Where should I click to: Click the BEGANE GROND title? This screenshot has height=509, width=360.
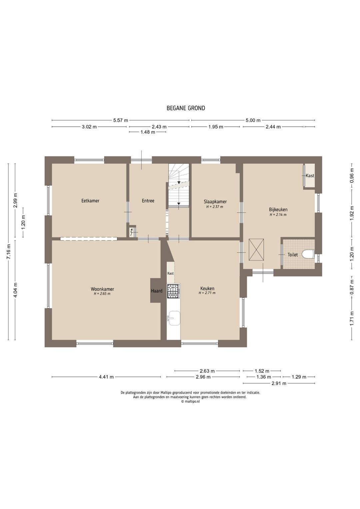point(186,108)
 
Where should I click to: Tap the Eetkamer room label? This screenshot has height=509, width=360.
point(90,201)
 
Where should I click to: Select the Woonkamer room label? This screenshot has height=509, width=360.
point(102,289)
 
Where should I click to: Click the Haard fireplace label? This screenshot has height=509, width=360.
point(157,291)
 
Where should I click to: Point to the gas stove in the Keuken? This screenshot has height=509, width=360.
point(174,291)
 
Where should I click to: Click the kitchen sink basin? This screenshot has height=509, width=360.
point(174,318)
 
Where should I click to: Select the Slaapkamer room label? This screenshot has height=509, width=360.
point(215,201)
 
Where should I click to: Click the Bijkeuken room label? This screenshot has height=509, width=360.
point(278,209)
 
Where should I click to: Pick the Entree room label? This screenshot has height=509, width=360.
point(148,201)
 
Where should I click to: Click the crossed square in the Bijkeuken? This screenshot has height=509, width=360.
point(256,249)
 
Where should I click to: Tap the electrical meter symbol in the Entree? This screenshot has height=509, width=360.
point(132,232)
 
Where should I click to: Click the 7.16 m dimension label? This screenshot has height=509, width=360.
point(9,251)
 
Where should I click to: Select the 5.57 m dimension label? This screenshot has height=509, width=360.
point(121,120)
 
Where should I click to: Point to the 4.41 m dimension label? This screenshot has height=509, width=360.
point(106,377)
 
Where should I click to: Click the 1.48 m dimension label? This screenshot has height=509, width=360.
point(148,132)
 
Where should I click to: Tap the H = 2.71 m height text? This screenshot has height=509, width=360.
point(207,293)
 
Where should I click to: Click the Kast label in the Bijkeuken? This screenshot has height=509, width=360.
point(310,175)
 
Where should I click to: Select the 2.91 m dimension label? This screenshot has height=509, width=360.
point(279,384)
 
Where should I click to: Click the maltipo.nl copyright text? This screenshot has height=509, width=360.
point(190,401)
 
